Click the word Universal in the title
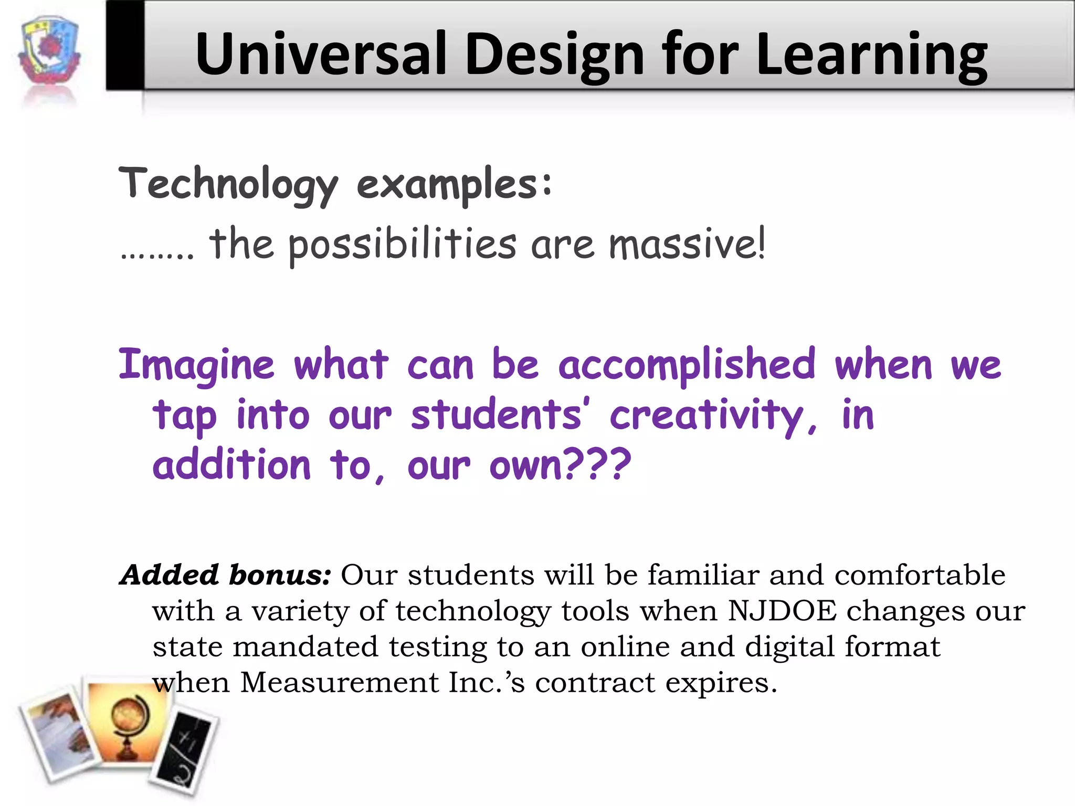point(321,55)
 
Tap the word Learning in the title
point(871,55)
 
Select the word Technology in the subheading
point(229,184)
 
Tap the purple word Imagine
point(196,365)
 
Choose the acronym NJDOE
point(782,611)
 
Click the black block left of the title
point(125,45)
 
